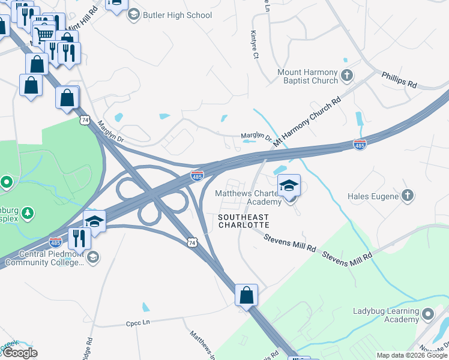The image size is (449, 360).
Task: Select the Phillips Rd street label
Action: tap(399, 80)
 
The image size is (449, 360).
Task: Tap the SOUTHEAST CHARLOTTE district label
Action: tap(243, 220)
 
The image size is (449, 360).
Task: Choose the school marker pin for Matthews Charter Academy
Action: tap(289, 186)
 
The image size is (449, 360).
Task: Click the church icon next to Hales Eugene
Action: tap(407, 196)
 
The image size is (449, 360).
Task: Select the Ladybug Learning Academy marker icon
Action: tap(427, 314)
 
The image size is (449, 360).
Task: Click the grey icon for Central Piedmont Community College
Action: tap(92, 257)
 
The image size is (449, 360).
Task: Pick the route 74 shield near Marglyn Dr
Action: tap(85, 121)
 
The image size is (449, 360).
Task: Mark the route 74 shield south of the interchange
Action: tap(191, 241)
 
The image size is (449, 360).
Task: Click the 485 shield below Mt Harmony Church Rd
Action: tap(360, 145)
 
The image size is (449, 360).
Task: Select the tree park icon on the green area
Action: tap(27, 213)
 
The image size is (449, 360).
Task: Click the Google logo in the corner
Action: tap(19, 353)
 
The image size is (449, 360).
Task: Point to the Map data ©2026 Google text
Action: tap(412, 355)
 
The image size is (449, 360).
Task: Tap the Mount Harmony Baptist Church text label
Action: tap(307, 76)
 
